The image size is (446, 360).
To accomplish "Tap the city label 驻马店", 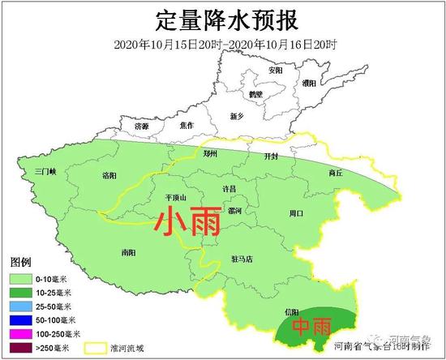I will [x=242, y=259].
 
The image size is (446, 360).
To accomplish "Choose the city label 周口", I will [x=296, y=213].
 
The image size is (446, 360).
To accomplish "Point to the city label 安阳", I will [x=276, y=71].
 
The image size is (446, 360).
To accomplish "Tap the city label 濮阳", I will [x=308, y=83].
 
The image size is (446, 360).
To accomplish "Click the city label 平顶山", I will [x=175, y=197].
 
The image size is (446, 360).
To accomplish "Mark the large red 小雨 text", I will [x=187, y=221].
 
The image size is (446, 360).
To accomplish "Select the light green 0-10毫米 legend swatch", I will [x=20, y=278].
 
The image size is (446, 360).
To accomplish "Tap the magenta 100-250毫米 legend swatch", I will [x=20, y=333].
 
